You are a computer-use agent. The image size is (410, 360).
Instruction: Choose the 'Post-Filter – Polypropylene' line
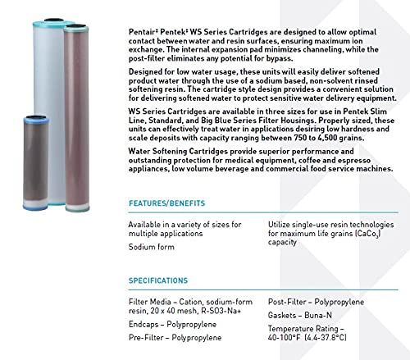pos(317,303)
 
